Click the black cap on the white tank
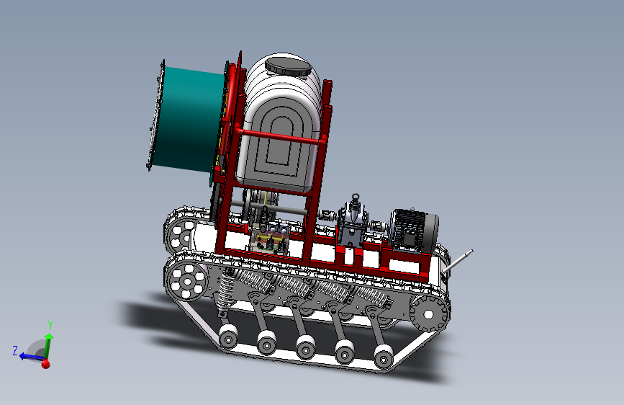288,67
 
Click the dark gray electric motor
414,231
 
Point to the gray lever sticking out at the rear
458,261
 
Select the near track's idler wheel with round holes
186,280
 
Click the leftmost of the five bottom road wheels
228,337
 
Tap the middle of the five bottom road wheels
306,347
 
